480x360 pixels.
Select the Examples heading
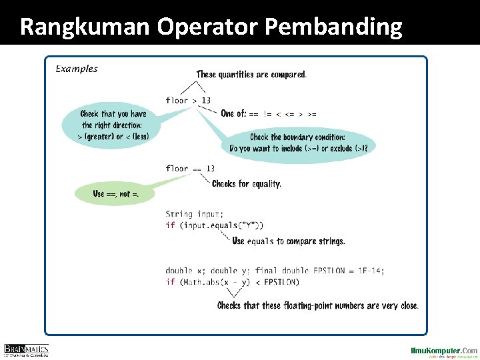pos(76,69)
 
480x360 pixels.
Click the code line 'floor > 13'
pos(188,101)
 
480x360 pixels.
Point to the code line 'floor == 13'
pos(190,169)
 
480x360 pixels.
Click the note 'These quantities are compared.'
pos(251,75)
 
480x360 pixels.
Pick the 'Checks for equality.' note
pos(246,184)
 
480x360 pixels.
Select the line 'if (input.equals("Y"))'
pos(214,225)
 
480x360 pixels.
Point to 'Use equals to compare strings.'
pos(289,241)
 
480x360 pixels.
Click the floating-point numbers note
pos(318,306)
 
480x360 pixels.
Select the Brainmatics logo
pos(27,349)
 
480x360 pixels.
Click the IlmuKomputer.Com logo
pos(443,351)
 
